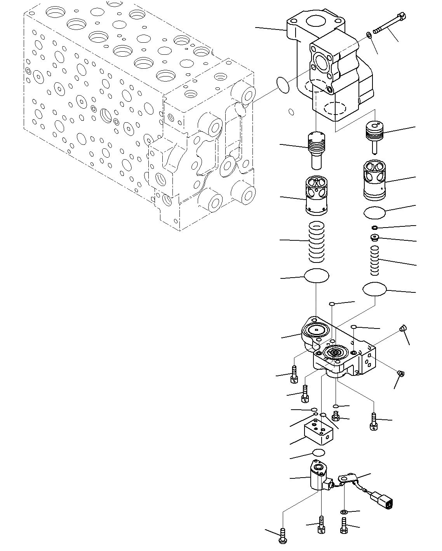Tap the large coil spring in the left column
point(316,241)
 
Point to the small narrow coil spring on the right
point(374,260)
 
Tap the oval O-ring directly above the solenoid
point(318,452)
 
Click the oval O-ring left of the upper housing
point(283,85)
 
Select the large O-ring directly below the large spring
point(317,276)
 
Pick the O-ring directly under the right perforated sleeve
point(374,212)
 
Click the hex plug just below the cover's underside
point(336,417)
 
